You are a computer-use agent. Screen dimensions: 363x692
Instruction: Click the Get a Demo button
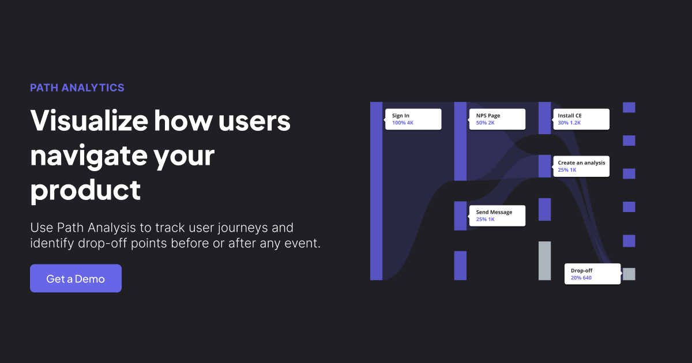(76, 278)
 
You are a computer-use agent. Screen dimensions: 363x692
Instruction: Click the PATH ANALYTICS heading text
(77, 88)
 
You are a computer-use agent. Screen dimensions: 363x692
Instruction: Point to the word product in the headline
(85, 189)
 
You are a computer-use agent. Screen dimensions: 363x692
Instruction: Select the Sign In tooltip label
(401, 116)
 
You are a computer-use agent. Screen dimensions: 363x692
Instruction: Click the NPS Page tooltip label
(488, 116)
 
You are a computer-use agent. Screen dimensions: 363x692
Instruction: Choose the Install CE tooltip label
(570, 116)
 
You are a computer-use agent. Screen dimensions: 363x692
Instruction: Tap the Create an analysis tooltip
(581, 166)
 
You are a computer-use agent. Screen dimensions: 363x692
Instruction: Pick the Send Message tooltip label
(494, 212)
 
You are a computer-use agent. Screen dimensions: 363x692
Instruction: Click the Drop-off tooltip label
(581, 270)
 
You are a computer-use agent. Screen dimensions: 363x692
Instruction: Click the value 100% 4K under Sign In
(403, 123)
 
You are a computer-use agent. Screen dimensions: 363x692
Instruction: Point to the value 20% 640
(581, 278)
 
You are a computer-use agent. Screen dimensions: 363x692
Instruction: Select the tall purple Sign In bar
(376, 191)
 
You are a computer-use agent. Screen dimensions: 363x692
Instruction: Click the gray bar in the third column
(544, 260)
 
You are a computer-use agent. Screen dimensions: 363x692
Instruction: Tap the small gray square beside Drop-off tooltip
(629, 274)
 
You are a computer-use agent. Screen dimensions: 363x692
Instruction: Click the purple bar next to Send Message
(460, 215)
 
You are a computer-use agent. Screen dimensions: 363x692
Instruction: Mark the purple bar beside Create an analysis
(544, 166)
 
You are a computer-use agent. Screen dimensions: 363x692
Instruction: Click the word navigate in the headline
(122, 155)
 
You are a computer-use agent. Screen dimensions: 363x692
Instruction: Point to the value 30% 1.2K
(569, 123)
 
